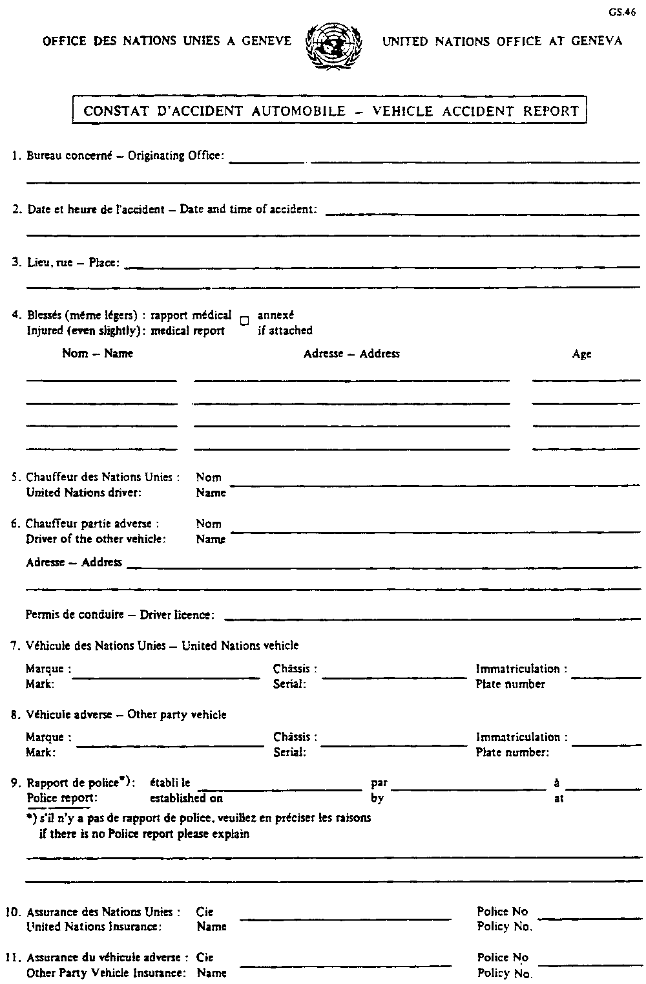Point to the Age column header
click(x=581, y=354)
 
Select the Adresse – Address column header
click(x=351, y=354)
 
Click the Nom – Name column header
click(x=98, y=353)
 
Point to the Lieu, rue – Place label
click(x=73, y=262)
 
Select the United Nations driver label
click(x=83, y=493)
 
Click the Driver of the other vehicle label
click(x=96, y=539)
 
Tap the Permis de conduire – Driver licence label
click(x=120, y=615)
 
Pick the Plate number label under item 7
click(x=510, y=684)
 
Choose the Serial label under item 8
click(x=289, y=752)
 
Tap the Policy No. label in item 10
click(x=505, y=927)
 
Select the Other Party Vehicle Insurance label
click(x=106, y=973)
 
